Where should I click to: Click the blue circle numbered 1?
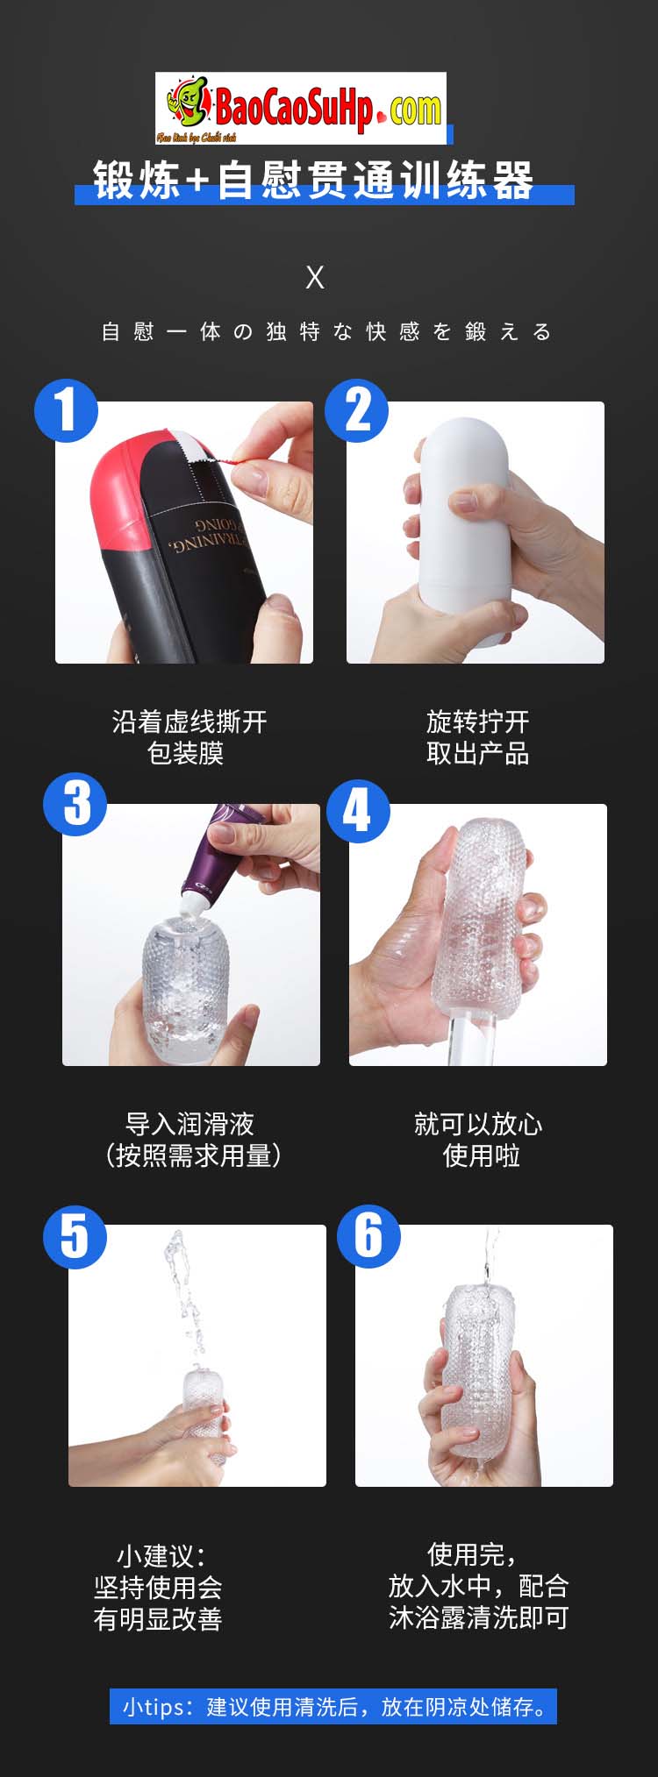pyautogui.click(x=66, y=410)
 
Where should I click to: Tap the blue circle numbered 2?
pyautogui.click(x=357, y=410)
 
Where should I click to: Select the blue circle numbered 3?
pyautogui.click(x=75, y=803)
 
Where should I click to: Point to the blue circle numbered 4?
pyautogui.click(x=358, y=811)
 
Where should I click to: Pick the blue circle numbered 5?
pyautogui.click(x=75, y=1236)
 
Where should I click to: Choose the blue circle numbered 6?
pyautogui.click(x=368, y=1236)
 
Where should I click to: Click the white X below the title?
pyautogui.click(x=315, y=278)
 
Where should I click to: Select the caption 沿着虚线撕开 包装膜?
pyautogui.click(x=189, y=737)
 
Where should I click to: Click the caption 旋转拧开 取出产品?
pyautogui.click(x=477, y=737)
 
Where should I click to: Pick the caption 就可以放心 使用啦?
pyautogui.click(x=479, y=1139)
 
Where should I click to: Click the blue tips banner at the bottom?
pyautogui.click(x=333, y=1707)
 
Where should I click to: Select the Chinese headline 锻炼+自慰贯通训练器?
pyautogui.click(x=314, y=181)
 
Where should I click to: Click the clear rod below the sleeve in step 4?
pyautogui.click(x=462, y=1039)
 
